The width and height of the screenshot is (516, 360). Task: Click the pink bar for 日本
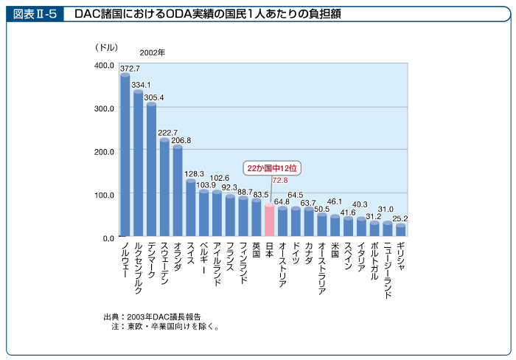coord(269,220)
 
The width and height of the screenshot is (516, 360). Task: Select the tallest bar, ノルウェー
coord(125,155)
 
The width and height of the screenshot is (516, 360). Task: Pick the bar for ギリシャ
coord(400,230)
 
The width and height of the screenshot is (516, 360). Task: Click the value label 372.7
coord(130,69)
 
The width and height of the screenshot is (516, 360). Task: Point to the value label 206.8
coord(181,140)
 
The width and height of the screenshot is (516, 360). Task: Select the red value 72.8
coord(280,180)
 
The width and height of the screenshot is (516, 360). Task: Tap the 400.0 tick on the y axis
coord(104,66)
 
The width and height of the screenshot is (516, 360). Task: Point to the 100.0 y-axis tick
coord(104,195)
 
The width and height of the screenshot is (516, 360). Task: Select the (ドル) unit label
coord(106,47)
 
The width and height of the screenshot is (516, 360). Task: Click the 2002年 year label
coord(153,53)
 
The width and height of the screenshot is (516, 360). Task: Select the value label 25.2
coord(400,219)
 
